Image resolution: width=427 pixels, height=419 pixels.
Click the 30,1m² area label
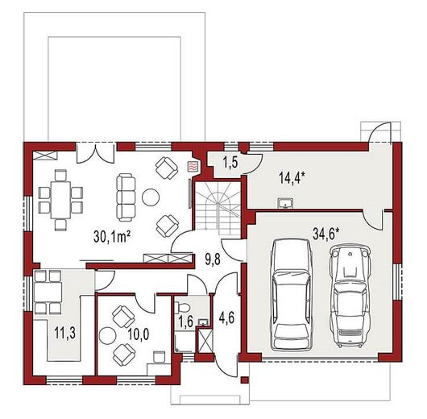[112, 236]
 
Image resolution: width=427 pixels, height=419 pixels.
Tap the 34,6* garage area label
[326, 234]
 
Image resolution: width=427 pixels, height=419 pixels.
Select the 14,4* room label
[291, 178]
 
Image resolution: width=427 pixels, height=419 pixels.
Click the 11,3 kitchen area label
[64, 333]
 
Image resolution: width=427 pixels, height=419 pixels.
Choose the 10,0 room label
[139, 334]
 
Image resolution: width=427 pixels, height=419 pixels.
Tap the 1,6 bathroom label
[186, 322]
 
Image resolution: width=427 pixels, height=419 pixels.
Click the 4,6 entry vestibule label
[226, 318]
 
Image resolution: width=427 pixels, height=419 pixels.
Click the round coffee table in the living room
[151, 197]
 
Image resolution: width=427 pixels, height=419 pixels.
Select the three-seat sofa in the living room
[126, 198]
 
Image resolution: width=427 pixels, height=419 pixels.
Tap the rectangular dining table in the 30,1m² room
[60, 200]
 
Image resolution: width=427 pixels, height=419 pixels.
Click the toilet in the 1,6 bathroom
[182, 307]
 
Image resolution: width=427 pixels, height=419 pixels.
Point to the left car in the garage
[292, 294]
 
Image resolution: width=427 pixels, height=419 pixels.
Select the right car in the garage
[350, 296]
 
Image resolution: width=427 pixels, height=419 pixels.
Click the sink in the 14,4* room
[285, 203]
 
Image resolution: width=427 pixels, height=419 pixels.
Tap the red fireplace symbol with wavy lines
[193, 166]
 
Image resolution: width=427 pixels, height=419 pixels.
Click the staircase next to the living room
[218, 205]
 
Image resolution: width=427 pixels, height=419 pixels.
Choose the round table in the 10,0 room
[107, 335]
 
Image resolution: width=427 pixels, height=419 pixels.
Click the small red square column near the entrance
[245, 380]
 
